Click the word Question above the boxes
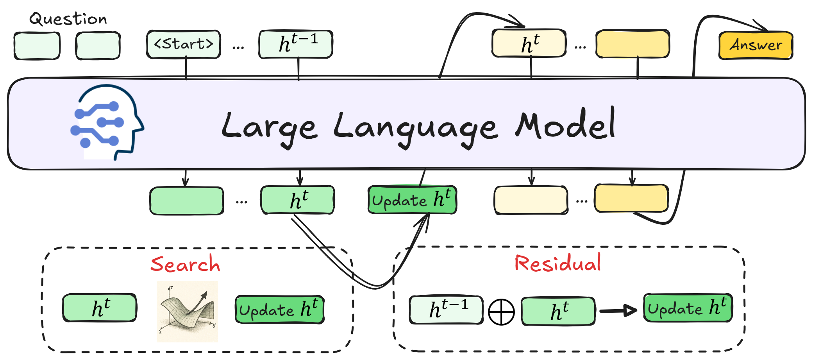coord(68,19)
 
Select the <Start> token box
coord(184,44)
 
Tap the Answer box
coord(756,45)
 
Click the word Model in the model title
coord(565,125)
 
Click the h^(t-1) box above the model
coord(296,44)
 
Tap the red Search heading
coord(185,264)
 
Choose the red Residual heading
coord(557,263)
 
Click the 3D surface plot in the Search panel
coord(188,312)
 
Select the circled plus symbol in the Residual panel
coord(501,312)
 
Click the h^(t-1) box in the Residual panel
coord(446,310)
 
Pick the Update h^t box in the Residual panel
coord(688,308)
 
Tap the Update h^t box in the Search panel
coord(279,310)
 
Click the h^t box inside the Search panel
coord(100,308)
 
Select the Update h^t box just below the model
coord(412,200)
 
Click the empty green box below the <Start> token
coord(187,201)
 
